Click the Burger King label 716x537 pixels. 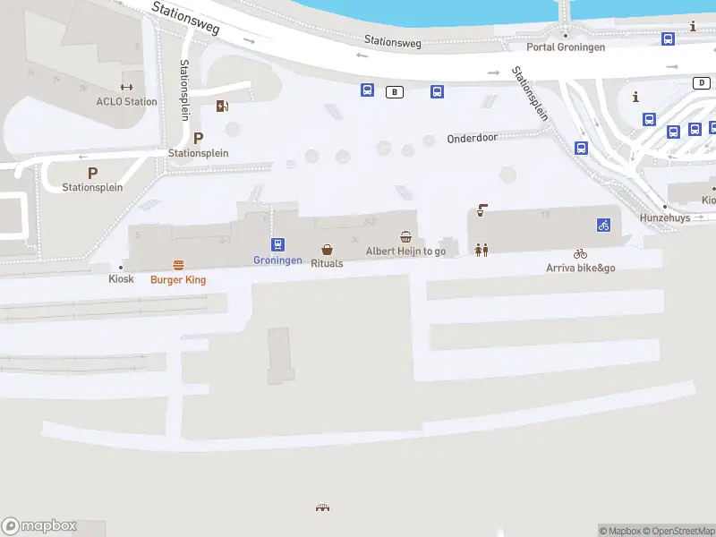pos(178,280)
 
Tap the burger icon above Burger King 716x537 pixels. pos(178,265)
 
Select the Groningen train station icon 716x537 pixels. pos(277,244)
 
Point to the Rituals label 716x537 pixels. pos(327,264)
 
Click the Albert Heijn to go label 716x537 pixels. pos(405,251)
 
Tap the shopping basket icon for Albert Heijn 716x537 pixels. pos(406,237)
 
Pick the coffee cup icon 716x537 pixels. pos(482,211)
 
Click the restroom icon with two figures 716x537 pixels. pos(482,250)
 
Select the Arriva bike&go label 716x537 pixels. pos(581,268)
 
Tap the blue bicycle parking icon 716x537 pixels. pos(603,225)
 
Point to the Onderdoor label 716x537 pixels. pos(472,138)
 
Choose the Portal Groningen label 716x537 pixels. pos(566,47)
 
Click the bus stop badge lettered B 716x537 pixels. pos(394,91)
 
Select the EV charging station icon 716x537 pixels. pos(222,107)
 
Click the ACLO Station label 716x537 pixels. pos(126,101)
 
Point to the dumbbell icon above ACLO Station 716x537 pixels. pos(126,88)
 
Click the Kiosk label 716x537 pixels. pos(121,279)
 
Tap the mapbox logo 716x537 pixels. pos(39,526)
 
